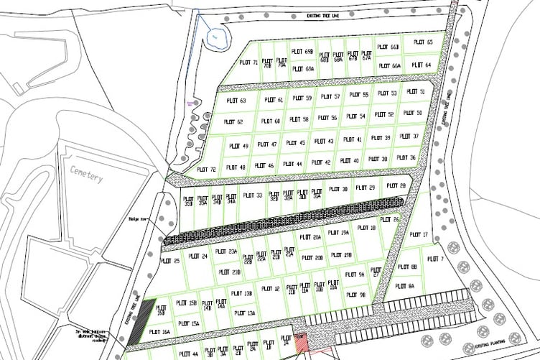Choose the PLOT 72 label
[x=206, y=170]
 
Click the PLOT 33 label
[x=254, y=195]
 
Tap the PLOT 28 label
[x=396, y=185]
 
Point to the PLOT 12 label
[x=271, y=289]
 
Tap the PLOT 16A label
[x=161, y=332]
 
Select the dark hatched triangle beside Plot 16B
[x=146, y=312]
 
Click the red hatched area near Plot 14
[x=301, y=343]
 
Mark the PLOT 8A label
[x=406, y=285]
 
